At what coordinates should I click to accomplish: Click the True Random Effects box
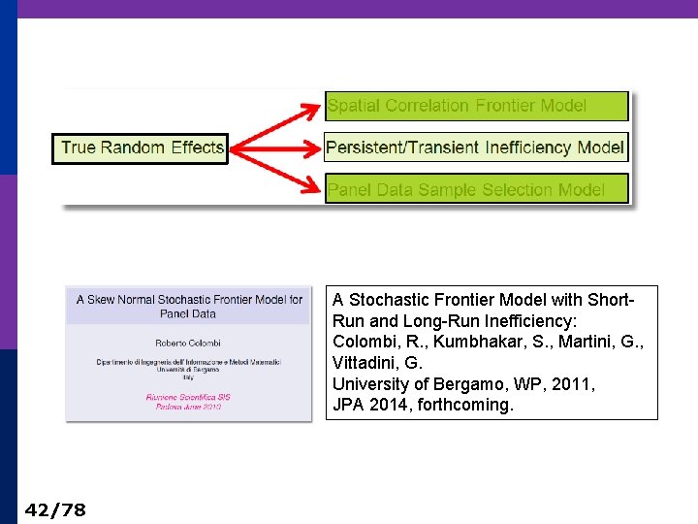pos(140,148)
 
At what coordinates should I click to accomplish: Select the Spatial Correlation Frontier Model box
pos(476,106)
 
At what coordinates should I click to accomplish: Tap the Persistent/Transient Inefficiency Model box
pos(475,147)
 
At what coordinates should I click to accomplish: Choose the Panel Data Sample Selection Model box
pos(476,189)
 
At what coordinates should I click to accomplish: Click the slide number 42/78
pos(55,509)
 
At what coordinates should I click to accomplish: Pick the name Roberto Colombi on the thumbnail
pos(189,343)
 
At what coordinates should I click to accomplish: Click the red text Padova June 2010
pos(189,407)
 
